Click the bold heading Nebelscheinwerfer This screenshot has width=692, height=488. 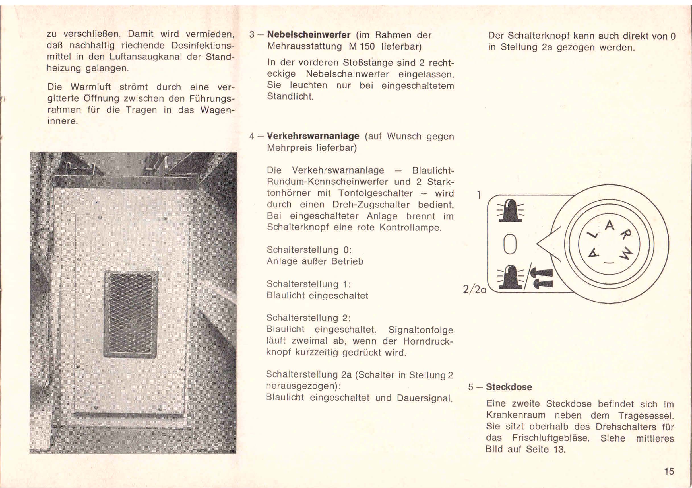coord(309,35)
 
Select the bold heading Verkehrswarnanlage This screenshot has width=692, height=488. coord(313,136)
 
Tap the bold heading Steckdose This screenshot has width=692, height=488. coord(509,387)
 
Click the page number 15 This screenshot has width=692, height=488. coord(669,471)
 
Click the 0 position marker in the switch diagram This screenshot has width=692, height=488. coord(510,244)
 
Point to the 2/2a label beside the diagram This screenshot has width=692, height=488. coord(475,290)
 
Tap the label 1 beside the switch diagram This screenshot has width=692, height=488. coord(479,195)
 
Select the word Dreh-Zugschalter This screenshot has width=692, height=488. coord(371,205)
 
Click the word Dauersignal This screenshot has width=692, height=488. coord(425,398)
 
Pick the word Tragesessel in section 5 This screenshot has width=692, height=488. coord(646,416)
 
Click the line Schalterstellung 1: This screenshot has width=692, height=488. coord(309,284)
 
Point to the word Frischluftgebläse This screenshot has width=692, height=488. coord(550,438)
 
